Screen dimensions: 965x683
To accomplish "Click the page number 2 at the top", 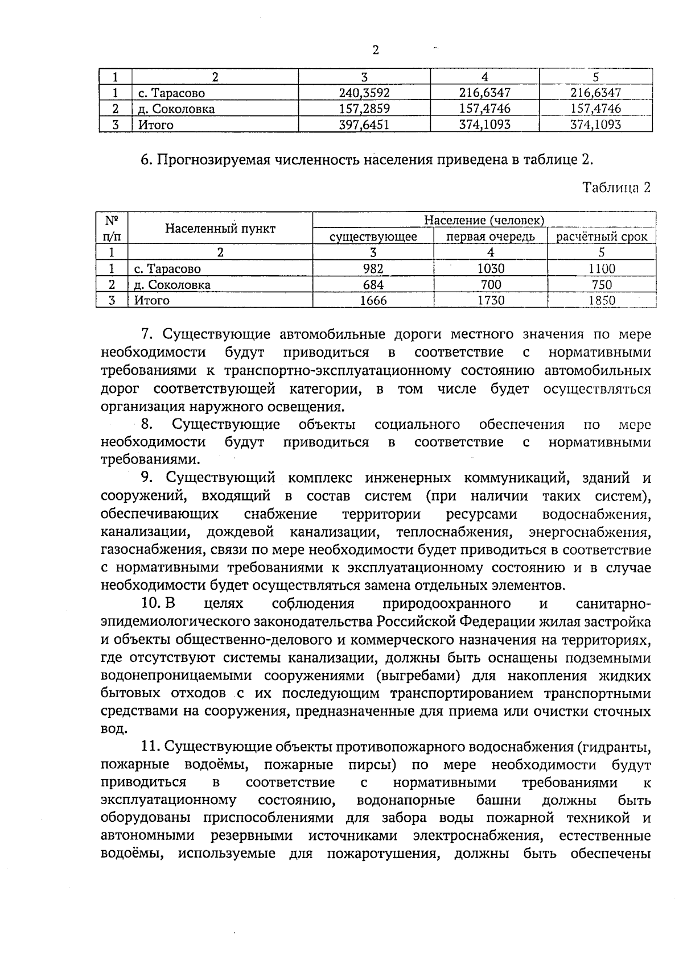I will (376, 50).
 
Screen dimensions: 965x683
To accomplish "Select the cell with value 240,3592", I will (364, 93).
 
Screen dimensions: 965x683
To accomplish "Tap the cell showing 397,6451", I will (364, 125).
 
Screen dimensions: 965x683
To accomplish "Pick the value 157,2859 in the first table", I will (364, 109).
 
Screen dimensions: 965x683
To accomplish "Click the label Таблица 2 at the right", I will (616, 188).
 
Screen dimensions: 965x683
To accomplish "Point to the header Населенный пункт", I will (220, 229).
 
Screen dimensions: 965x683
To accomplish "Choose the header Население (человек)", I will (484, 219).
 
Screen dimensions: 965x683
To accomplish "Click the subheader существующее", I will (373, 237).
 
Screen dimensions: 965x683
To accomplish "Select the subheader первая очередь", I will (490, 237).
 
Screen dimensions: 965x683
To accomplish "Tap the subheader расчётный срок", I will (602, 237).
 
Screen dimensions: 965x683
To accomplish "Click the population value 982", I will (373, 268).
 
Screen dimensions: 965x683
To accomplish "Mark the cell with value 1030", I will (491, 268).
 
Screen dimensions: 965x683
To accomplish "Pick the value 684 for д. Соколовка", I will (373, 284).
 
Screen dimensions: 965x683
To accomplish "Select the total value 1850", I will (602, 300).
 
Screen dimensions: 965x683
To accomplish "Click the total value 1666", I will (373, 300).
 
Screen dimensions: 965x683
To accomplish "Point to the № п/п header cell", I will (112, 227).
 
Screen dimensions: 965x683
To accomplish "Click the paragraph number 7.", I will (146, 334).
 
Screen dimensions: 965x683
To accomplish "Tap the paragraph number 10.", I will (151, 603).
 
